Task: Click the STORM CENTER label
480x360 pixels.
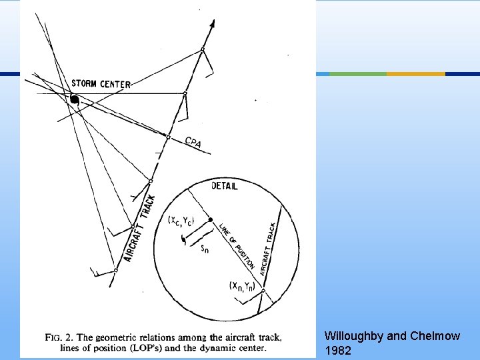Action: (101, 84)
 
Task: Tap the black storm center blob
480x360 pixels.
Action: (75, 101)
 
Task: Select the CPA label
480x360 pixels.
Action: (193, 142)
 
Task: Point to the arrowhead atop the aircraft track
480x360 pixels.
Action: (212, 24)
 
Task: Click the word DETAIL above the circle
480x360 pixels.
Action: (224, 186)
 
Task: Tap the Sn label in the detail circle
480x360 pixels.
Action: (207, 249)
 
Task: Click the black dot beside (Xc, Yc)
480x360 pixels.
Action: (210, 219)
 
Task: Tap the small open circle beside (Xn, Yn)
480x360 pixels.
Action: (263, 291)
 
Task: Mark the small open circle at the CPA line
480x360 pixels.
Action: (168, 137)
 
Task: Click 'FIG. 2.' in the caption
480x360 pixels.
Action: (59, 337)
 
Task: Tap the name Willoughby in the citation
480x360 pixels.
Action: (354, 336)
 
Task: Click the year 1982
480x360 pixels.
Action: (338, 350)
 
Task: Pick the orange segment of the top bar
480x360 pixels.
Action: (416, 73)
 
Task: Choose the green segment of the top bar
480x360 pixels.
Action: (358, 73)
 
